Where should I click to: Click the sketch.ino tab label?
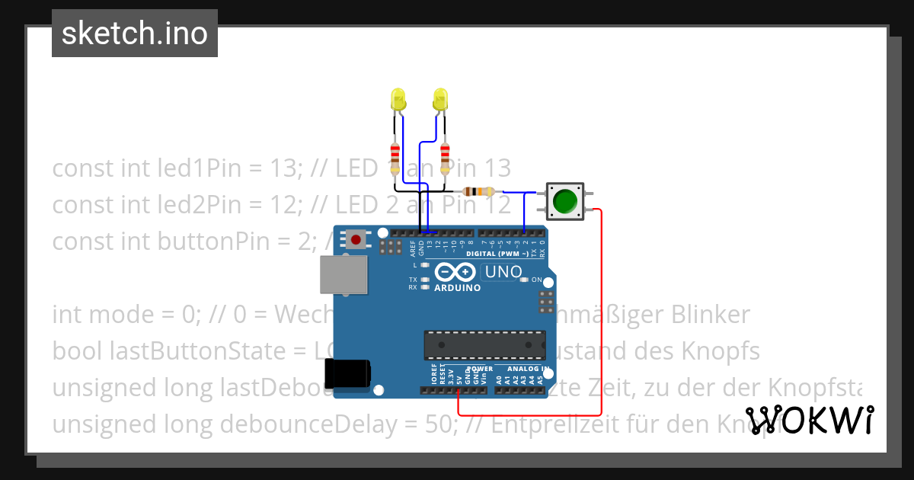click(x=135, y=34)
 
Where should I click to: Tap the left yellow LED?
click(x=397, y=99)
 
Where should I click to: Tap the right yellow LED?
click(x=440, y=99)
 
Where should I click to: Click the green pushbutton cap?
click(x=564, y=200)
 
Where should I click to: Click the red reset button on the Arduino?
click(x=355, y=240)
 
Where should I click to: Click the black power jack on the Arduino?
click(x=347, y=373)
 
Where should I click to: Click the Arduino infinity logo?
click(x=455, y=272)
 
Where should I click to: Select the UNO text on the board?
click(x=504, y=272)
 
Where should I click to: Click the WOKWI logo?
click(x=810, y=420)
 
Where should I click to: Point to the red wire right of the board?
click(x=602, y=305)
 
